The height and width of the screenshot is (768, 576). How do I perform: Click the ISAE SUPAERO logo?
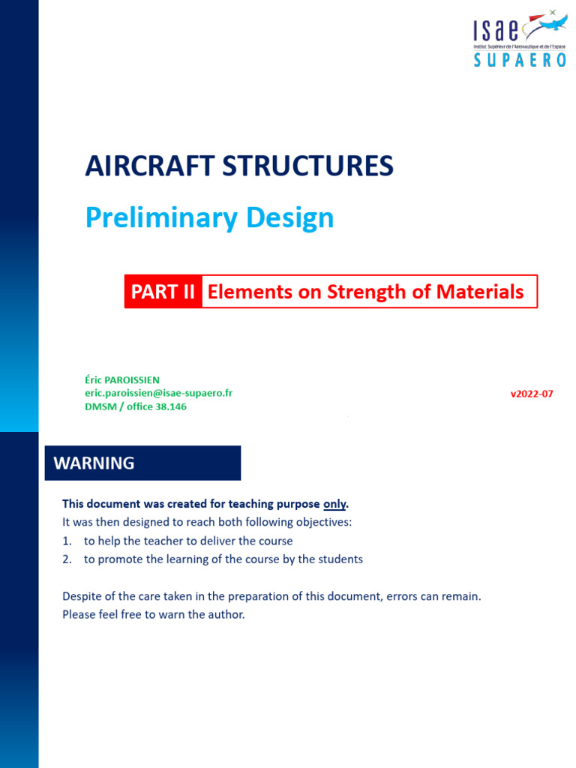click(519, 39)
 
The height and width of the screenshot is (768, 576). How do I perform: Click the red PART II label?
click(163, 292)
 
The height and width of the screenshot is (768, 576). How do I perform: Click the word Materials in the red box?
click(485, 292)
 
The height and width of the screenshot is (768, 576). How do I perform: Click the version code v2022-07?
click(531, 394)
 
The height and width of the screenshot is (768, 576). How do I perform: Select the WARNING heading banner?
click(143, 463)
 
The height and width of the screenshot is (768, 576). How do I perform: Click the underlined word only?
click(334, 503)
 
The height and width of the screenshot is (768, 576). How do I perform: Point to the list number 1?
click(67, 541)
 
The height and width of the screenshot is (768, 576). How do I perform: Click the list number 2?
click(67, 559)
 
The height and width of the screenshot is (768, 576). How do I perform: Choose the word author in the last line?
click(226, 615)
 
